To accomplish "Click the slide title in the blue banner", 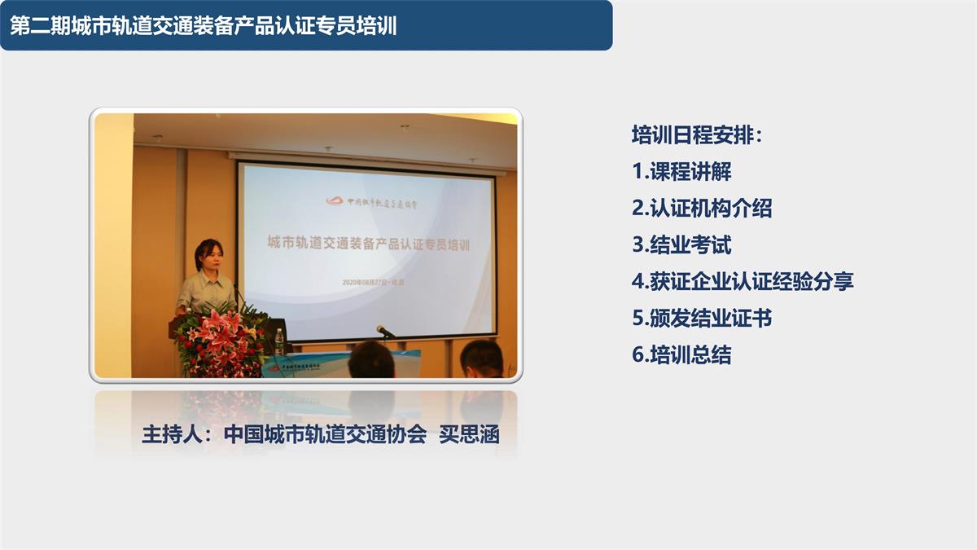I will point(204,25).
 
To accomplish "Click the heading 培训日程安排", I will point(697,135).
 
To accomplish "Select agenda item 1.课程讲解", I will point(681,172).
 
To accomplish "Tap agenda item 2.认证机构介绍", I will point(701,209).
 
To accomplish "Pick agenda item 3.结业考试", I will point(681,245).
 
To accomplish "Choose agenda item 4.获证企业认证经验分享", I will point(743,282).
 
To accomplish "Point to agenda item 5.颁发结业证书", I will point(701,319).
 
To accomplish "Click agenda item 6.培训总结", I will point(681,355).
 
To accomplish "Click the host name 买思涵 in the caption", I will point(469,434).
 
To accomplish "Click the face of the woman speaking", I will point(208,255).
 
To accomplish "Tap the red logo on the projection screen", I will point(335,200).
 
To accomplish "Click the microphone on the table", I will point(384,331).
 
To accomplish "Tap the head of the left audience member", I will point(371,360).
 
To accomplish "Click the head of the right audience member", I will point(481,360).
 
